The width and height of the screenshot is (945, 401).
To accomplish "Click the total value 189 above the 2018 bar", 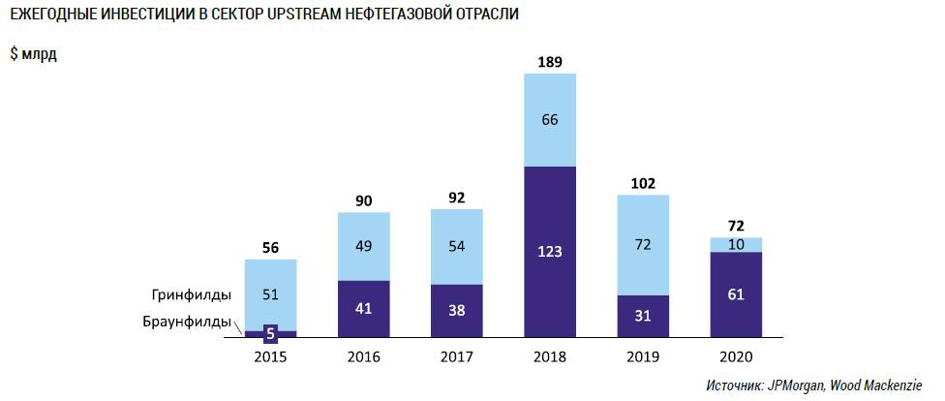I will coord(549,63).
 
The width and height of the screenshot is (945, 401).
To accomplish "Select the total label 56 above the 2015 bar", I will coord(270,247).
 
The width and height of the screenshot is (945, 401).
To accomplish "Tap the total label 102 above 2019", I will coord(642,182).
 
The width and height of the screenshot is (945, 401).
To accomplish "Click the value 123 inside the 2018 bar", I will coord(549,252).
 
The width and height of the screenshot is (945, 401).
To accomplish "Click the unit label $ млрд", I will coord(34,54).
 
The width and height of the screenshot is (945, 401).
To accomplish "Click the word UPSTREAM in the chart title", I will coord(291,15).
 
